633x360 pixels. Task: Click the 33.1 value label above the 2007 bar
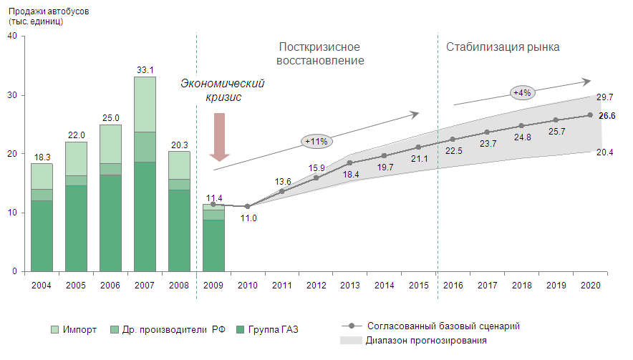[x=145, y=69]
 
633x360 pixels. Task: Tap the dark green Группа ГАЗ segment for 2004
[x=42, y=235]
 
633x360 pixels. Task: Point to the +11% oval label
[x=316, y=141]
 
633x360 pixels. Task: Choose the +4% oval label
[x=521, y=92]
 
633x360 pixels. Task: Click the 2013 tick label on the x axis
[x=349, y=285]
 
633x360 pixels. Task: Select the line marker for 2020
[x=590, y=115]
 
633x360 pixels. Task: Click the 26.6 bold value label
[x=607, y=116]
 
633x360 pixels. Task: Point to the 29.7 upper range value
[x=605, y=97]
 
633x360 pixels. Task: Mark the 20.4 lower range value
[x=605, y=151]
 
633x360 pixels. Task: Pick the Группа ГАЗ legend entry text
[x=273, y=329]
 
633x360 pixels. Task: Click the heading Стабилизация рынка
[x=503, y=47]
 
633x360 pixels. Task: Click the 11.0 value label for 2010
[x=248, y=218]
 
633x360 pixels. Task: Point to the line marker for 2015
[x=418, y=147]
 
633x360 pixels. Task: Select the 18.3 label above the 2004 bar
[x=42, y=156]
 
